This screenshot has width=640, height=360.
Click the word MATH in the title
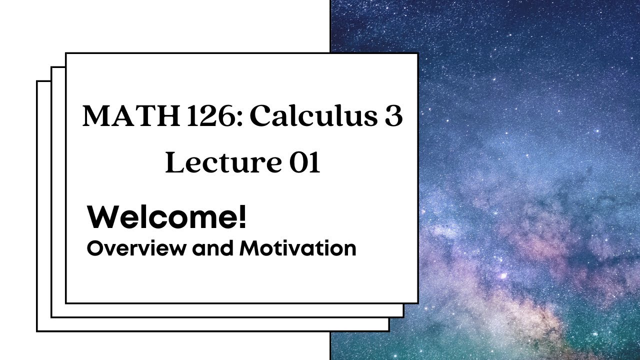point(118,116)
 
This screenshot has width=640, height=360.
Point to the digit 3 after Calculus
point(392,116)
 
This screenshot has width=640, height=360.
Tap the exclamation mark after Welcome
point(242,218)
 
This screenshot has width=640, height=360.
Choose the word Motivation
point(298,248)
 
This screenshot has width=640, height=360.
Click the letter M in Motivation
point(248,248)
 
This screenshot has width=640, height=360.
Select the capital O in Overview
point(93,248)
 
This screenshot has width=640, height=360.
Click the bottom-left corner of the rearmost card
point(37,330)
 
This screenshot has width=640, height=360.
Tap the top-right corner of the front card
point(417,53)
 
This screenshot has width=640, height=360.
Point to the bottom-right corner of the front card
point(417,302)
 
